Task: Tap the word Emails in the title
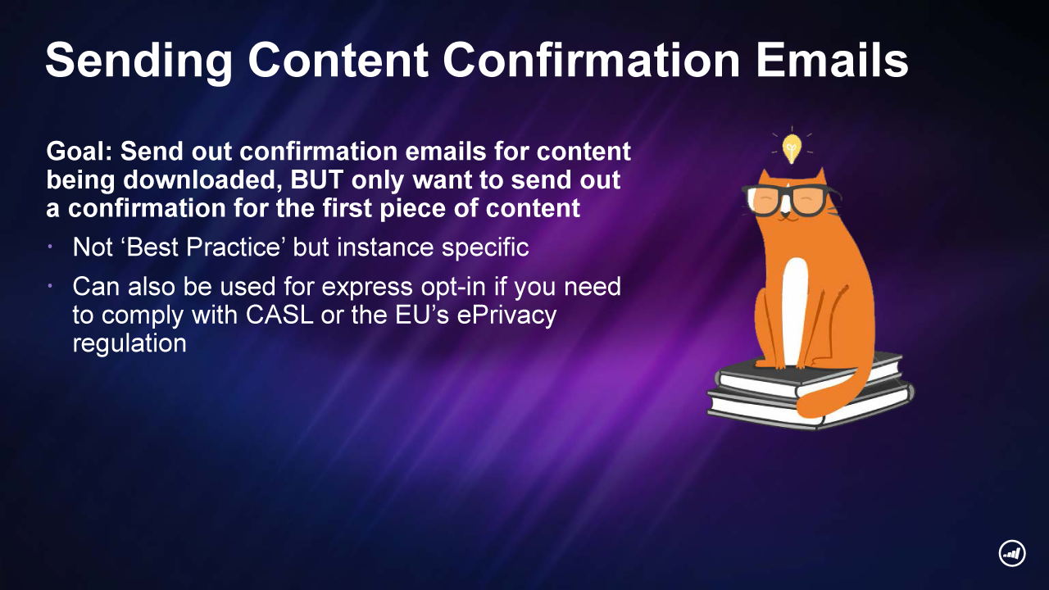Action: (832, 60)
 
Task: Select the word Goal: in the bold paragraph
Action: (79, 152)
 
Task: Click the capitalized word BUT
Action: (317, 179)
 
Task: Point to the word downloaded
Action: (202, 180)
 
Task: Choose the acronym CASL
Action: (279, 315)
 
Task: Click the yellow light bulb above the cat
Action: (792, 148)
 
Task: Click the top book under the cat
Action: (811, 374)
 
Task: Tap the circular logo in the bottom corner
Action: (1012, 553)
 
